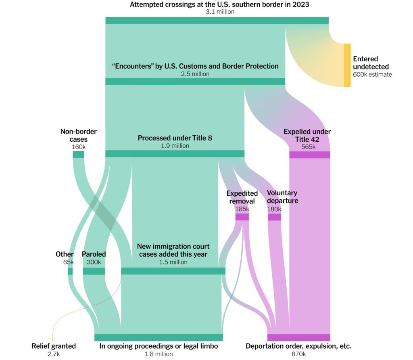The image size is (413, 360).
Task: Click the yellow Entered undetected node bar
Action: [347, 65]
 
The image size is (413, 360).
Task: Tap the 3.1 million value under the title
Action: [220, 12]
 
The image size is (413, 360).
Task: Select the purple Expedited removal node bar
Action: [242, 217]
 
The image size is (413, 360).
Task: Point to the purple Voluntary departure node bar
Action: [274, 217]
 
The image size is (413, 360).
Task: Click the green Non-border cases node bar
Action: [79, 155]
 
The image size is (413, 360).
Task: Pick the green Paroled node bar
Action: [94, 271]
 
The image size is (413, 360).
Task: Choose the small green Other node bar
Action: [70, 271]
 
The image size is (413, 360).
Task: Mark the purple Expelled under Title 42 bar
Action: [310, 155]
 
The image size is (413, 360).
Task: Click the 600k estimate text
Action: [372, 75]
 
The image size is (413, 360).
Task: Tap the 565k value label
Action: [309, 147]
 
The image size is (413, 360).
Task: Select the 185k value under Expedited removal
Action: [242, 209]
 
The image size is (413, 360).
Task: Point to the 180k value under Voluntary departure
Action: [274, 209]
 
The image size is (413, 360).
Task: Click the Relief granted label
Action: [54, 346]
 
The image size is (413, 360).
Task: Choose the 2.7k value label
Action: [54, 354]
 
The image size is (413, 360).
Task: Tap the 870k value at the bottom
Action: [299, 354]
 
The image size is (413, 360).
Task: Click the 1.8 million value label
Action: [159, 354]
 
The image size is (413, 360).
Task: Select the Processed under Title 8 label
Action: [175, 138]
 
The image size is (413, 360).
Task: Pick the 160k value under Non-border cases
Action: [79, 147]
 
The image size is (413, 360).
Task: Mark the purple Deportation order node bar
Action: [299, 337]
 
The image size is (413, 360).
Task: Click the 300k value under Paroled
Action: [94, 262]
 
